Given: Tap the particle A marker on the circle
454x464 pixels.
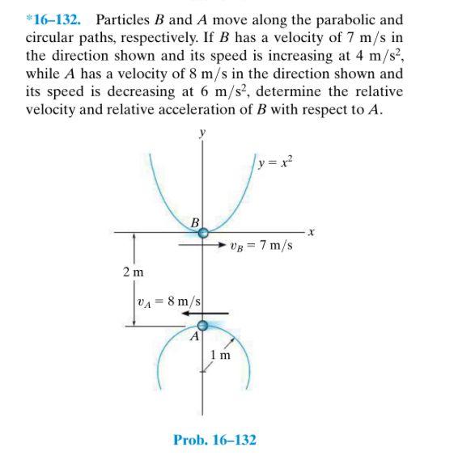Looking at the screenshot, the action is [x=203, y=326].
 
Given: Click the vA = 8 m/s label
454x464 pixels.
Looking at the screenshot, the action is [x=168, y=300].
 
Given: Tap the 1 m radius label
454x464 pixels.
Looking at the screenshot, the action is [x=220, y=355].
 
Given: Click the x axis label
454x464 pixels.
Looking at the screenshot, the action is [x=310, y=233].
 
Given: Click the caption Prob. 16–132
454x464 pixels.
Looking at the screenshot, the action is [x=214, y=440].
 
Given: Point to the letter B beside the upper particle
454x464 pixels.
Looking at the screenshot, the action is [x=194, y=221].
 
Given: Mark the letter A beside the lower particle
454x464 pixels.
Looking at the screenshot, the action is [x=194, y=338].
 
